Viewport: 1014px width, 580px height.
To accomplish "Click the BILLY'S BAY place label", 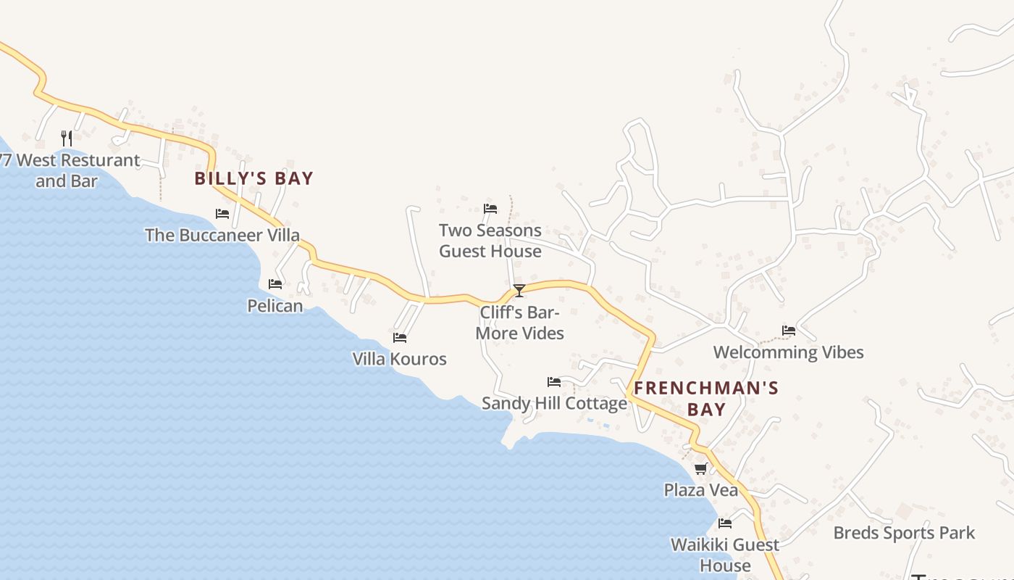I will coord(253,178).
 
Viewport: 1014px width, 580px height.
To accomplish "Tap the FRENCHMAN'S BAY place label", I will coord(706,398).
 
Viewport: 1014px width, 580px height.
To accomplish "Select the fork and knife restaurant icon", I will coord(67,138).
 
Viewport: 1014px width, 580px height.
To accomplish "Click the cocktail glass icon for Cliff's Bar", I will coord(519,291).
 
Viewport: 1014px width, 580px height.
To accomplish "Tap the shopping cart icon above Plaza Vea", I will coord(700,469).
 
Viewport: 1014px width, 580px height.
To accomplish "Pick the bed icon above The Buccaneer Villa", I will coord(222,214).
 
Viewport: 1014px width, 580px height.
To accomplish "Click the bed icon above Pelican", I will coord(275,284).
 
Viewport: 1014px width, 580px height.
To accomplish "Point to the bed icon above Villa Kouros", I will coord(400,338).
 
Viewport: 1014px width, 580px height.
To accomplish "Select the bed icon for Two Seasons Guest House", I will coord(490,209).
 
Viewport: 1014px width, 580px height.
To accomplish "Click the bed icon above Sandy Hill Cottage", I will coord(554,382).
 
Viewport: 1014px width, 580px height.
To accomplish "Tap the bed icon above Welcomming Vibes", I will coord(789,331).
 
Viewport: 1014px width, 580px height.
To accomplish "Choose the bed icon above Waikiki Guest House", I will coord(725,523).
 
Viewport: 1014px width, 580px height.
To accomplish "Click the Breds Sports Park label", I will coord(904,533).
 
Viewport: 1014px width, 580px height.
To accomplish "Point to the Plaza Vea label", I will coord(701,490).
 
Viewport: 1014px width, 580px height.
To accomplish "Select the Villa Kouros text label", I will coord(400,359).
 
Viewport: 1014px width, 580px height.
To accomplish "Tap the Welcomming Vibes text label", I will coord(789,352).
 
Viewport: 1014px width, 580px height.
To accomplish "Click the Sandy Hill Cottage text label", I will coord(554,403).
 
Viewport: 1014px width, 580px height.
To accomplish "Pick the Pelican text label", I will coord(275,305).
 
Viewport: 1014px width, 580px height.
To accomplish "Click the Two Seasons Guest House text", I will coord(490,241).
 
